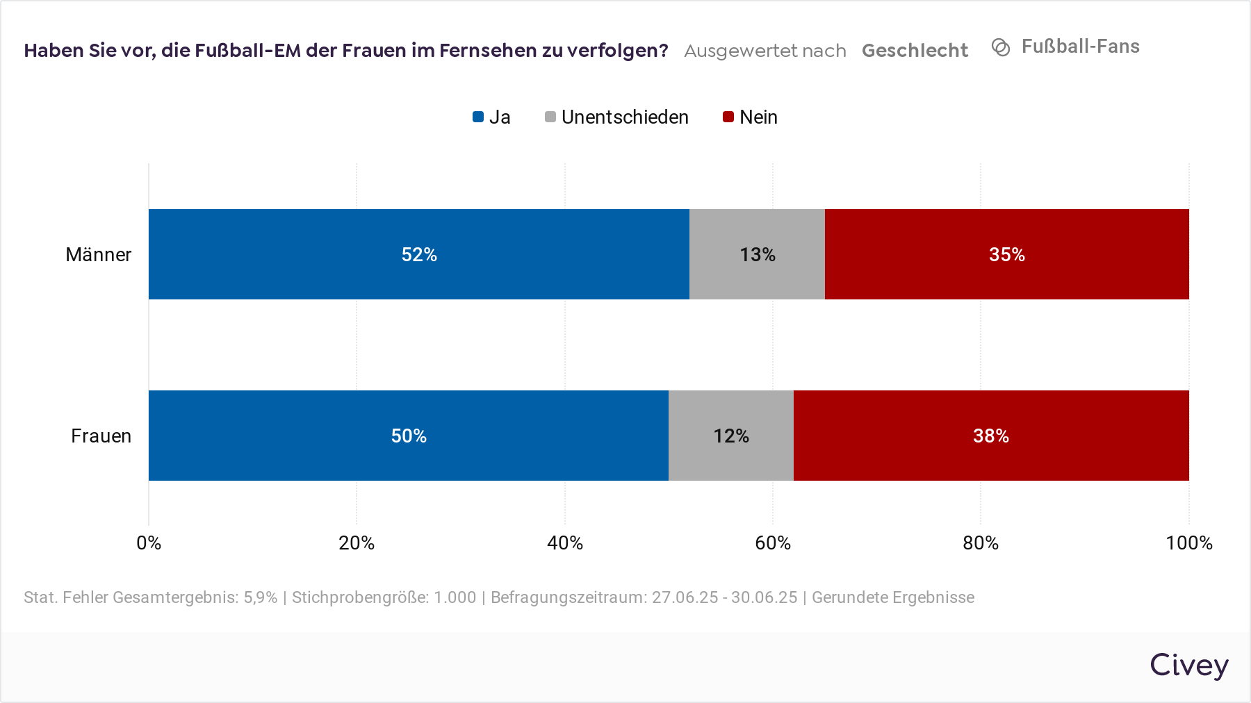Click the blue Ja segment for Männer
(418, 254)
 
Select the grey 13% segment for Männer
(757, 254)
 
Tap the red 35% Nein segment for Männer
(1006, 254)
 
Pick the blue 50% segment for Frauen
(408, 436)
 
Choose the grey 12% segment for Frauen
(730, 436)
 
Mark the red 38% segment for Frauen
(990, 436)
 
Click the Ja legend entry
(492, 117)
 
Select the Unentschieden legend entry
(617, 117)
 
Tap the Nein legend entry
(751, 117)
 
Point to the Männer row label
(98, 255)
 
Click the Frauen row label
(101, 436)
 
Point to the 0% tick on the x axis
(149, 543)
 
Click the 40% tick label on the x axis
(564, 543)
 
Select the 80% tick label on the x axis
(980, 543)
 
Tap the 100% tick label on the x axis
(1188, 543)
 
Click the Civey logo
(1188, 665)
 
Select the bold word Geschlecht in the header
(915, 51)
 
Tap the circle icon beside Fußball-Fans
(1001, 47)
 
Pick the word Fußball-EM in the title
(247, 51)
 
